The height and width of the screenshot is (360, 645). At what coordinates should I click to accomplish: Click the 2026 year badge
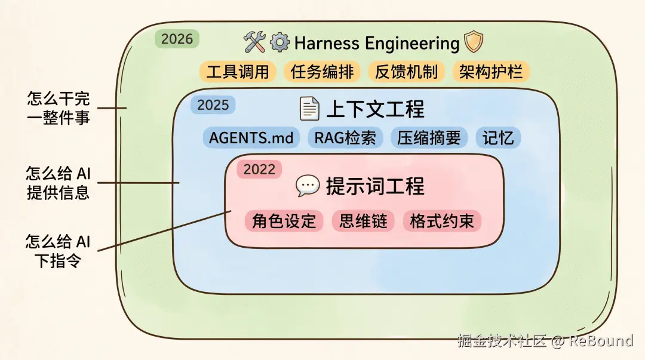pyautogui.click(x=177, y=39)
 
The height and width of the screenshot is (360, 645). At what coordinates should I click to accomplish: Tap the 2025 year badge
pyautogui.click(x=213, y=105)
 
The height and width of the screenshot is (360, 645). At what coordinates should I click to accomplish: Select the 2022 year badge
pyautogui.click(x=259, y=169)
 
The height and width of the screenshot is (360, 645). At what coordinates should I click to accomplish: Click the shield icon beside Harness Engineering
pyautogui.click(x=474, y=42)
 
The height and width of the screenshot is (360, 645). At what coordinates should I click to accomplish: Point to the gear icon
pyautogui.click(x=279, y=42)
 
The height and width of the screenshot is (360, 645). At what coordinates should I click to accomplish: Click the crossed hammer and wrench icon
pyautogui.click(x=254, y=42)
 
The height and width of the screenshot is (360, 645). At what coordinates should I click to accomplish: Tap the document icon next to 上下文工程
pyautogui.click(x=309, y=109)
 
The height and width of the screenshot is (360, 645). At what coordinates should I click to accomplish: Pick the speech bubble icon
pyautogui.click(x=308, y=186)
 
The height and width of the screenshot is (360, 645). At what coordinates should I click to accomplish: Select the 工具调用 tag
pyautogui.click(x=238, y=72)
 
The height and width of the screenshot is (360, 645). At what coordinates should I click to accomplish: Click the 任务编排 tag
pyautogui.click(x=322, y=72)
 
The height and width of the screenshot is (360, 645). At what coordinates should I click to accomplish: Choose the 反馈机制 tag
pyautogui.click(x=407, y=72)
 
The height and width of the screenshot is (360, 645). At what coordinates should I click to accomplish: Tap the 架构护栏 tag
pyautogui.click(x=491, y=72)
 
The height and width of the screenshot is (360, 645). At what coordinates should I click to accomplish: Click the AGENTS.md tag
pyautogui.click(x=251, y=138)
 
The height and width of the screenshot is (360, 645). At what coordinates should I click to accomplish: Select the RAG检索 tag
pyautogui.click(x=346, y=138)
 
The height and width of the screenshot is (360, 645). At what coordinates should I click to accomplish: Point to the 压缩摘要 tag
pyautogui.click(x=429, y=138)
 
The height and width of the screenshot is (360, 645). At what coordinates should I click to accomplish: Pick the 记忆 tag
pyautogui.click(x=498, y=138)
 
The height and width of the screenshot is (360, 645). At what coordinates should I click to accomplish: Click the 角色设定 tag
pyautogui.click(x=284, y=221)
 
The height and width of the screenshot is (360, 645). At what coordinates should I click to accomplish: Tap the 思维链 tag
pyautogui.click(x=363, y=221)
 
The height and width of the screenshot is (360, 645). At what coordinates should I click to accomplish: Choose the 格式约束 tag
pyautogui.click(x=442, y=221)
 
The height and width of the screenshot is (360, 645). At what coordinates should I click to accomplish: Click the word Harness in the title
pyautogui.click(x=327, y=43)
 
